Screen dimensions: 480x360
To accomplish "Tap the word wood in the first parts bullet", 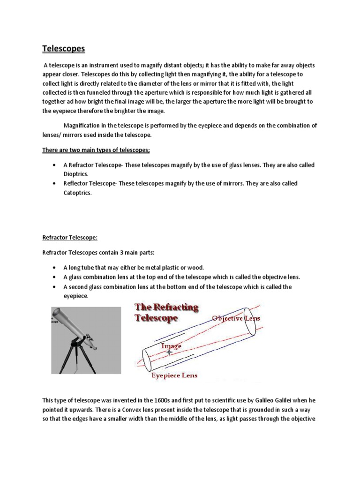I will [195, 267].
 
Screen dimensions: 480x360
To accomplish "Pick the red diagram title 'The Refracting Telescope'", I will [166, 313].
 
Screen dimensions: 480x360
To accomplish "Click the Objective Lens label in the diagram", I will [235, 319].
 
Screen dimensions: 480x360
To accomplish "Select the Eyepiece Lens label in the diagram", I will [173, 375].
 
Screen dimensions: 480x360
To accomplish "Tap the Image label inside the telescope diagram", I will [171, 346].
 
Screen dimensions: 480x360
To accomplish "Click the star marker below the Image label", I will [169, 352].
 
